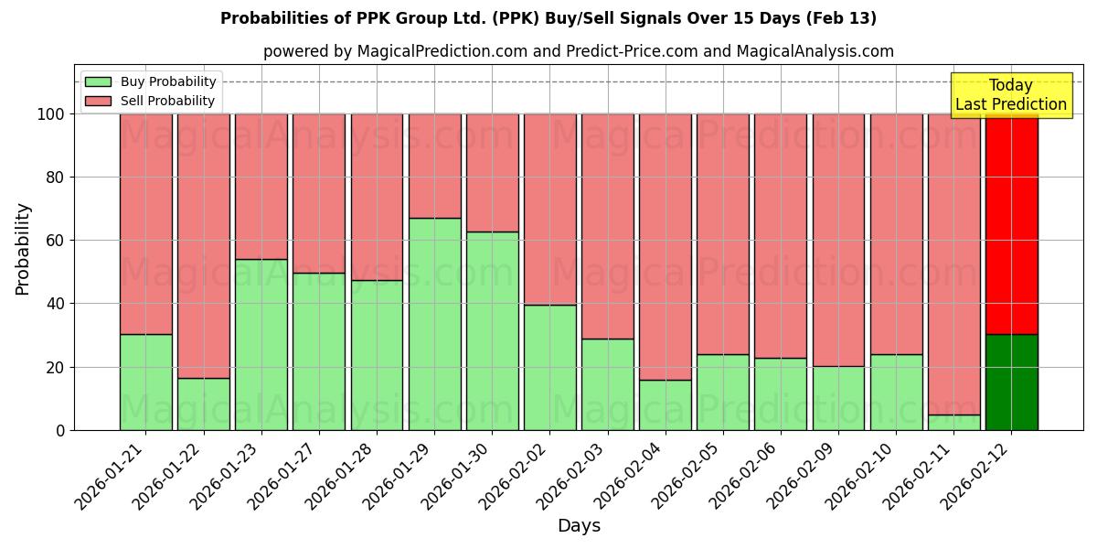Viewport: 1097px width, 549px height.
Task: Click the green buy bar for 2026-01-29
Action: click(x=434, y=324)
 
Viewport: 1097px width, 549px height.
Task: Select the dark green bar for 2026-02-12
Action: click(x=1011, y=382)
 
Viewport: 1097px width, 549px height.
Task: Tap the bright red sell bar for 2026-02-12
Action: click(x=1011, y=224)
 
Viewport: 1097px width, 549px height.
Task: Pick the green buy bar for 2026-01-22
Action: click(x=203, y=404)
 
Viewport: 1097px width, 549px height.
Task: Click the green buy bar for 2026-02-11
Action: click(x=953, y=422)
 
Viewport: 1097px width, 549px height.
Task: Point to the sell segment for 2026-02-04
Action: click(x=666, y=247)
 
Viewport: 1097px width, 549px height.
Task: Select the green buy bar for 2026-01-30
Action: click(x=492, y=330)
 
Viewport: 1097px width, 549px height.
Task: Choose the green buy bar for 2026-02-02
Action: click(x=549, y=367)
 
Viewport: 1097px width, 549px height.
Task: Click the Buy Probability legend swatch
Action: click(x=99, y=82)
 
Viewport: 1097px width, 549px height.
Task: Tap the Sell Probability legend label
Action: click(x=167, y=101)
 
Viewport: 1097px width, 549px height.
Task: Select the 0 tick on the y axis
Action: click(x=60, y=430)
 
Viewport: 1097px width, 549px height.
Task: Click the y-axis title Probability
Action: click(x=23, y=249)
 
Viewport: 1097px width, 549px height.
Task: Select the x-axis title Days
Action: click(x=579, y=526)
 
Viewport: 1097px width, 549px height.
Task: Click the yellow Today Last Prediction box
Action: click(x=1010, y=95)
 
